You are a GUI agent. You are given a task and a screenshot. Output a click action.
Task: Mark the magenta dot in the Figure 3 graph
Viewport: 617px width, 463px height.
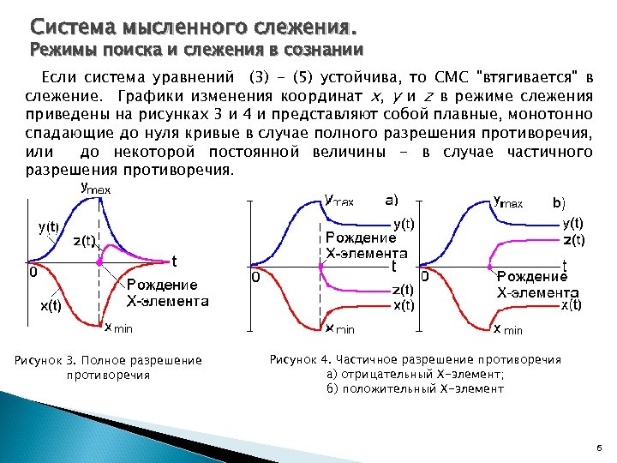pos(101,260)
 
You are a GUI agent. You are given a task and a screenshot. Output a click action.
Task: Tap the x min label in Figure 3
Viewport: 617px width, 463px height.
pos(119,328)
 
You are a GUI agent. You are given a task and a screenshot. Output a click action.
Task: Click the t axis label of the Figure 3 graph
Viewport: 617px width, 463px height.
pos(175,261)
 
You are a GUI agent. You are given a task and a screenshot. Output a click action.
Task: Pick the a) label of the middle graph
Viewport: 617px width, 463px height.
pos(391,201)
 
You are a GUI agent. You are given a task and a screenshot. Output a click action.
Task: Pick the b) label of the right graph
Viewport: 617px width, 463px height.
pos(558,203)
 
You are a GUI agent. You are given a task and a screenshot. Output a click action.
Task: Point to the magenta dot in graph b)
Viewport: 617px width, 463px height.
pos(493,262)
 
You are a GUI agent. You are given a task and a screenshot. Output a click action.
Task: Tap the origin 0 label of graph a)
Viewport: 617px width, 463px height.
pos(255,278)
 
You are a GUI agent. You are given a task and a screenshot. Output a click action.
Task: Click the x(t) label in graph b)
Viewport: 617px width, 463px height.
pos(572,304)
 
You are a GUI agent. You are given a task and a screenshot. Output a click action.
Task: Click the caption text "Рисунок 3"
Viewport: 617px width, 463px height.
pos(49,360)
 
